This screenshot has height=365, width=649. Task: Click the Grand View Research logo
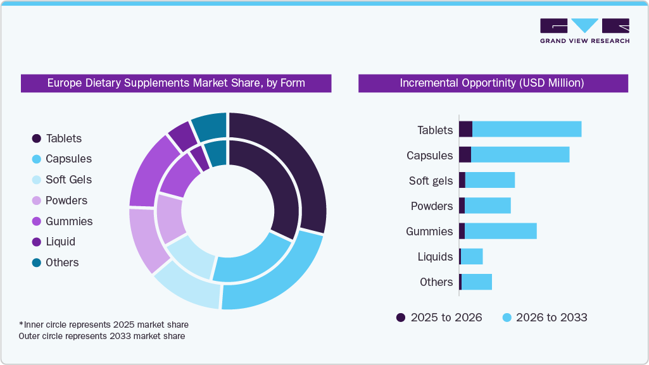(x=584, y=31)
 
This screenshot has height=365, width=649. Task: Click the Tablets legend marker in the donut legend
(x=37, y=139)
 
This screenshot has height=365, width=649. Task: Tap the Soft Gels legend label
(x=68, y=180)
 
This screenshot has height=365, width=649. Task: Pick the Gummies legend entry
(x=69, y=221)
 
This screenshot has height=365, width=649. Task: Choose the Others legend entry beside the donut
(x=62, y=263)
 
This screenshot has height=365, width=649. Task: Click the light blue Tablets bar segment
(x=527, y=129)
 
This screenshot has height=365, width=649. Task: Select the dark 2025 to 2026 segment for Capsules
(x=465, y=154)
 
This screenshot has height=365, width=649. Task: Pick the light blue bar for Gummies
(x=500, y=231)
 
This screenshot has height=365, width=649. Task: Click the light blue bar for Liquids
(x=472, y=256)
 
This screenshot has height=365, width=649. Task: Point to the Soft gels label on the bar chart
(x=431, y=181)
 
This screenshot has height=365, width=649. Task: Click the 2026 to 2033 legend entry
(x=551, y=318)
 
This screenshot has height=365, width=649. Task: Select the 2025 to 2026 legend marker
(x=401, y=318)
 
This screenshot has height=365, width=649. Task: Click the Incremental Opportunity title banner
(x=493, y=83)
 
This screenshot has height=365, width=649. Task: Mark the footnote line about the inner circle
(x=104, y=325)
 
